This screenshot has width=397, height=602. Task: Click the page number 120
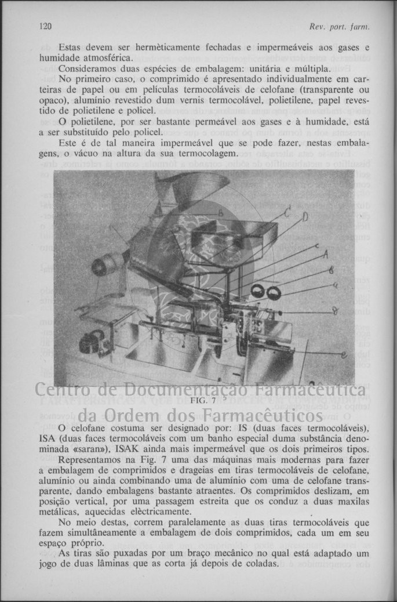(x=46, y=26)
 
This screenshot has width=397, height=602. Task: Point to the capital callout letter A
(x=325, y=254)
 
